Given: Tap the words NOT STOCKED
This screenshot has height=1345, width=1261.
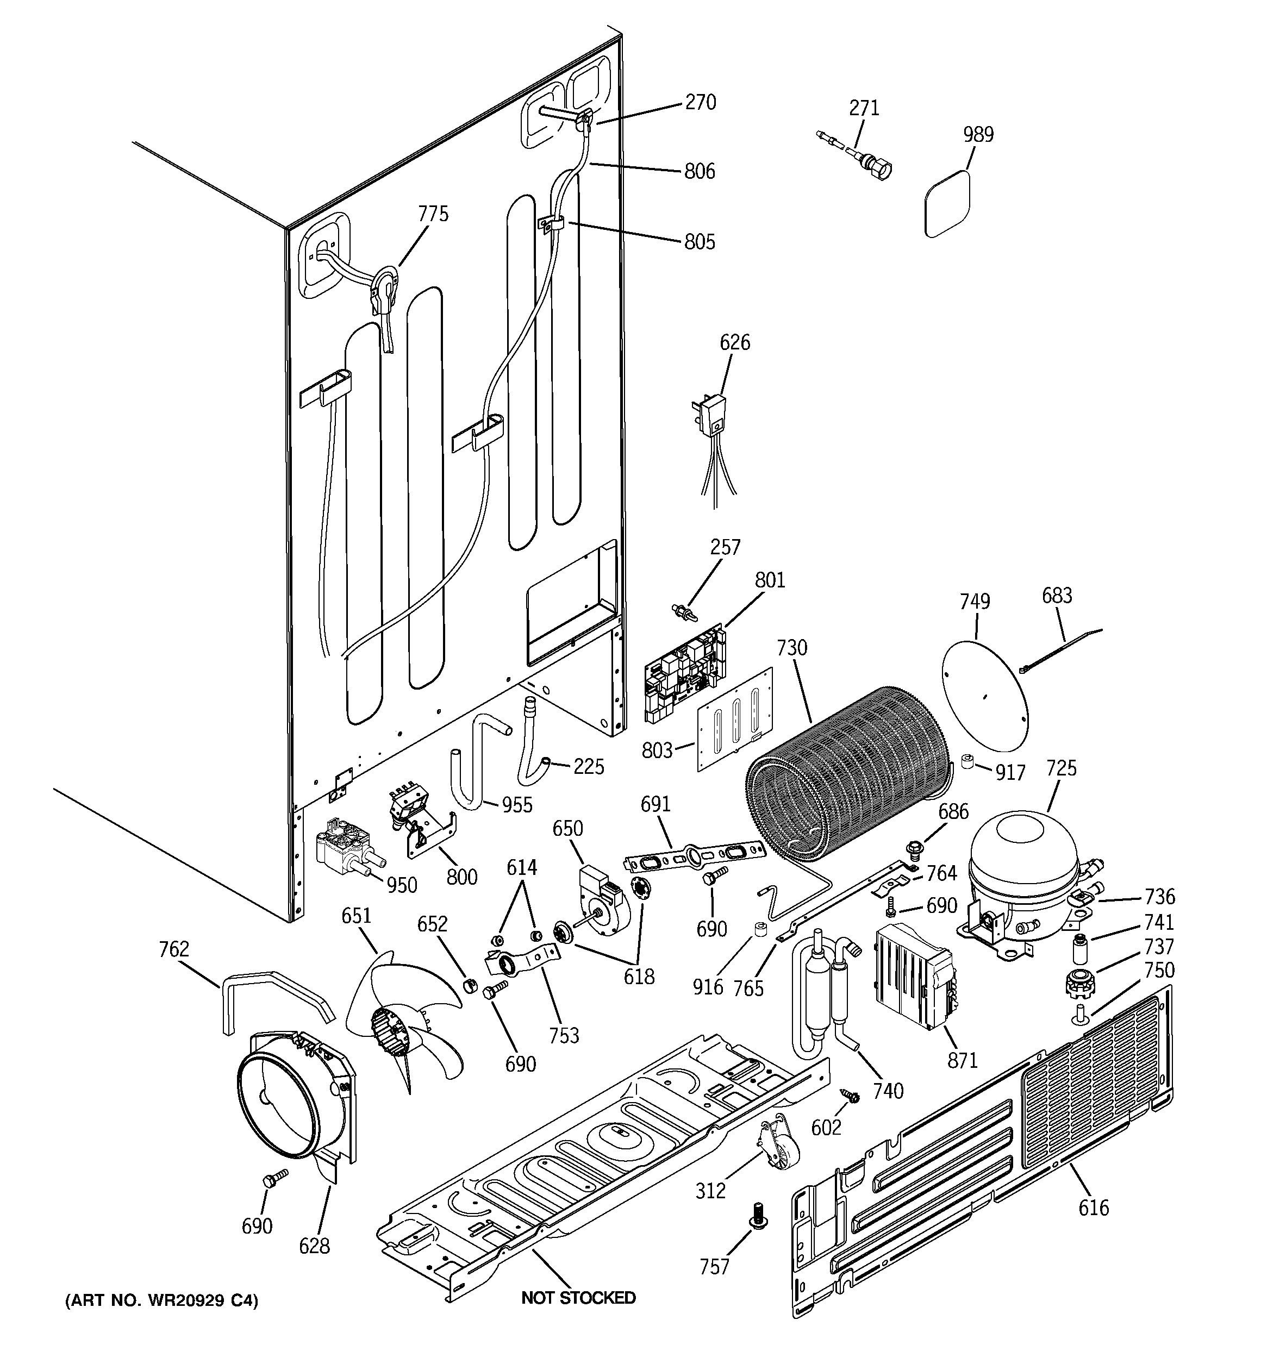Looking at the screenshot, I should [578, 1298].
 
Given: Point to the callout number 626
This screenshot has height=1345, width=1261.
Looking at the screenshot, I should [734, 343].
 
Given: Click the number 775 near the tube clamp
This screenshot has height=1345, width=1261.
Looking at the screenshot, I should [433, 215].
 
